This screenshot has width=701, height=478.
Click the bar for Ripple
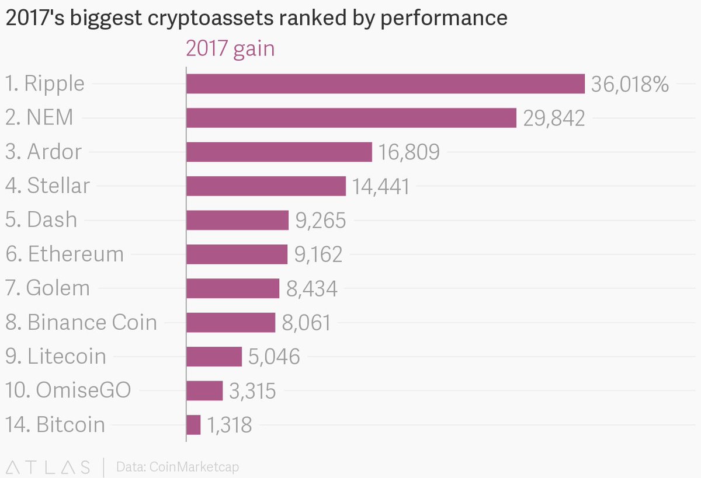(385, 83)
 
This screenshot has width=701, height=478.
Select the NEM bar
(351, 117)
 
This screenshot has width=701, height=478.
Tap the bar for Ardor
(279, 152)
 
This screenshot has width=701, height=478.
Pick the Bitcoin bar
(193, 424)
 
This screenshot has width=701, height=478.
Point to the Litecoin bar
(214, 356)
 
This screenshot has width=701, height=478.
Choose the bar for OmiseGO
(204, 390)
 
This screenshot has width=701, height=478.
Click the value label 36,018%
(630, 84)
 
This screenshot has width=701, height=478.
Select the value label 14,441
(381, 186)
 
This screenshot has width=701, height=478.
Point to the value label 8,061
(306, 323)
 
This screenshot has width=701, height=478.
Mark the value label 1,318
(229, 425)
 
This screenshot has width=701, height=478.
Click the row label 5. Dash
(41, 220)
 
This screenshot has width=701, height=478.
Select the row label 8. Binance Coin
(81, 323)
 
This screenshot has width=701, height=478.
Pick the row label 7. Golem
(47, 288)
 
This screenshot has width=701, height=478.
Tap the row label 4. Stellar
(47, 186)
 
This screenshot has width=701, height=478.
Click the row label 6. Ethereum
(64, 254)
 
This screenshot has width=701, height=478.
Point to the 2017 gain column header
(230, 49)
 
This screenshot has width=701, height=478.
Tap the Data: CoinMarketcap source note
(178, 467)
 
